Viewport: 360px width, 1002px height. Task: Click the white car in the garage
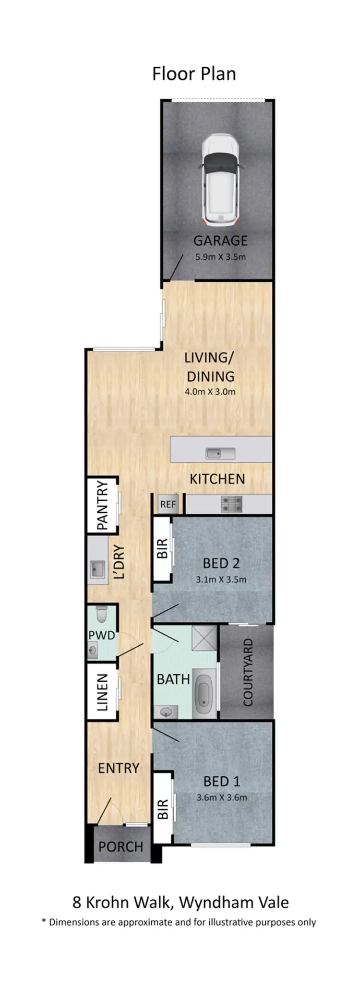coord(220,180)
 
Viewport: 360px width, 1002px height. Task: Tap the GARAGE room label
coord(220,241)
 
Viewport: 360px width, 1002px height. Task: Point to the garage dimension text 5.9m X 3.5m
coord(220,257)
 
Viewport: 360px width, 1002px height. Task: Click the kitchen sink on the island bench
coord(220,453)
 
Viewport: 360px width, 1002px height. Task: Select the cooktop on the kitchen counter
coord(231,504)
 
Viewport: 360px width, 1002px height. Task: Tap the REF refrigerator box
coord(168,504)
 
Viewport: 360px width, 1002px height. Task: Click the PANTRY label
coord(102,506)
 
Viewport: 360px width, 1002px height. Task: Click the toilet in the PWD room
coord(102,615)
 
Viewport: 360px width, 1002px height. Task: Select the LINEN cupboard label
coord(102,692)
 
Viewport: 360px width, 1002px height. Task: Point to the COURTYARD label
coord(248,672)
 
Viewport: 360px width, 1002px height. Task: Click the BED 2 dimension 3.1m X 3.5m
coord(221,579)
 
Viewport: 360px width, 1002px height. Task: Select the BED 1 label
coord(221,781)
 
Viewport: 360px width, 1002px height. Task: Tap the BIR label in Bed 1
coord(162,809)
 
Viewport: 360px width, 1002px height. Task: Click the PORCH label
coord(120,846)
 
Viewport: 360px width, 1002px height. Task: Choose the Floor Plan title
coord(194,74)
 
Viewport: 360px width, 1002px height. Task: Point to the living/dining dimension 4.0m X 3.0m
coord(210,392)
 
